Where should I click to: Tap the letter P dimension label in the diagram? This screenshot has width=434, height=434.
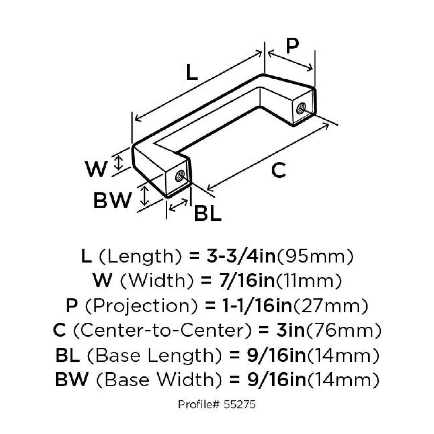292,46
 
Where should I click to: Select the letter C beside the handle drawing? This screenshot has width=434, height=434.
278,170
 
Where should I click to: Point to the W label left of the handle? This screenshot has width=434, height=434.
96,169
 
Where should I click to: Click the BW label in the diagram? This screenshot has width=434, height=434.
112,200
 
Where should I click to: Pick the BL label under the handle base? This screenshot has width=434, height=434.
207,214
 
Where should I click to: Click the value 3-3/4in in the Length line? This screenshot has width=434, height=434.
241,256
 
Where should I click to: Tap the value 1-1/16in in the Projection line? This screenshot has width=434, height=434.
257,306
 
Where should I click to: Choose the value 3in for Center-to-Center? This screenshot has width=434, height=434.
290,330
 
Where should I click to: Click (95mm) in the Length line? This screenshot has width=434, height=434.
315,256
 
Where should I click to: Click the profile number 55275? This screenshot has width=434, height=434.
240,404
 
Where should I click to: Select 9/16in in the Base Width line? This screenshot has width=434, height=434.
277,380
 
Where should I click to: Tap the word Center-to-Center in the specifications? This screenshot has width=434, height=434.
162,330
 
